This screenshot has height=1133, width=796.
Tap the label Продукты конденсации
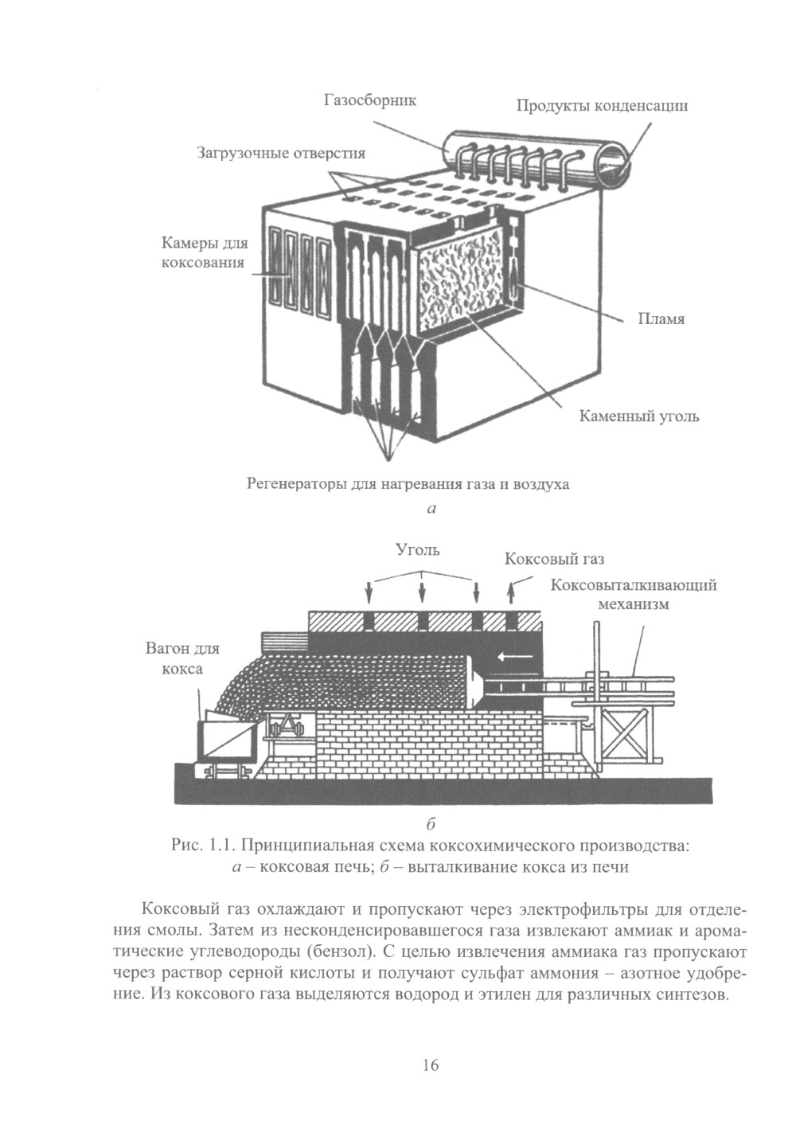(x=602, y=105)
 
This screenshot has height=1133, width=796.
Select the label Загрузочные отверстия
(x=281, y=153)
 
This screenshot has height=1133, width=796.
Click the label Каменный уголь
(x=638, y=416)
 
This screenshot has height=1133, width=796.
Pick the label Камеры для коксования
(x=205, y=252)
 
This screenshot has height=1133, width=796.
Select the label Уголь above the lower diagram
(x=418, y=549)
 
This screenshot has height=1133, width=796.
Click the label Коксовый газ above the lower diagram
(x=554, y=559)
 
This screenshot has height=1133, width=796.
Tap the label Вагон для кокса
(x=182, y=658)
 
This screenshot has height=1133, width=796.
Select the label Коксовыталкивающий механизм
(x=634, y=594)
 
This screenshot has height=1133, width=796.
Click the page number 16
(x=431, y=1065)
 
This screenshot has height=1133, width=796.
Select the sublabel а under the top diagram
(x=431, y=508)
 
